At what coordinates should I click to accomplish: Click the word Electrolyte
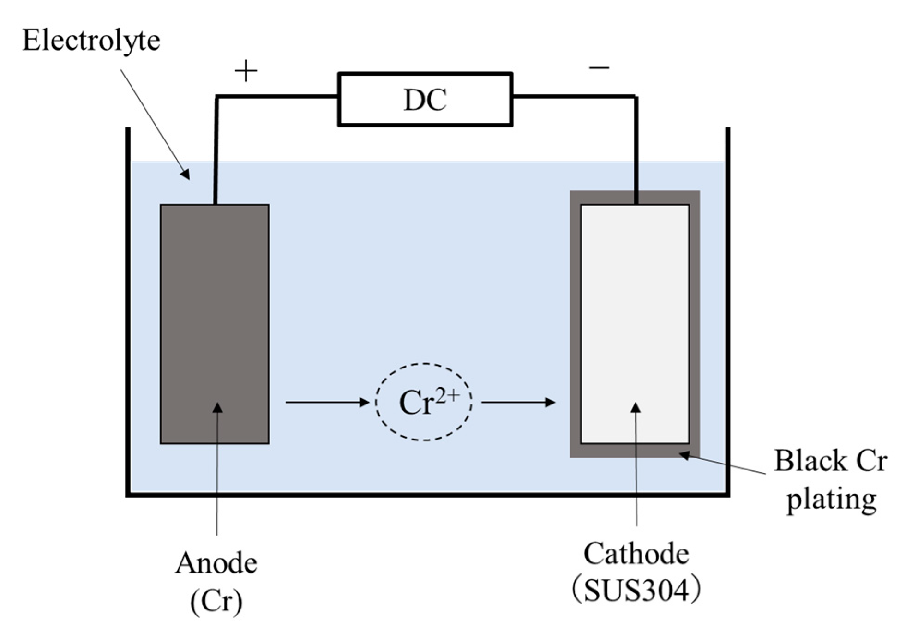pyautogui.click(x=91, y=41)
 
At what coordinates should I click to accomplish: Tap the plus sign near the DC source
pyautogui.click(x=246, y=71)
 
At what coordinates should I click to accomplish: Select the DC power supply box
pyautogui.click(x=425, y=99)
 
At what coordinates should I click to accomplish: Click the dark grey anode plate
pyautogui.click(x=215, y=300)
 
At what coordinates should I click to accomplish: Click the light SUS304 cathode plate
pyautogui.click(x=635, y=300)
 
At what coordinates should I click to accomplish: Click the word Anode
pyautogui.click(x=216, y=563)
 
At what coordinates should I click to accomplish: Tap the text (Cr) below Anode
pyautogui.click(x=216, y=602)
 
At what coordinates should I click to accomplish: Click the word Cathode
pyautogui.click(x=636, y=554)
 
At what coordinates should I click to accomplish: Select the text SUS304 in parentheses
pyautogui.click(x=636, y=591)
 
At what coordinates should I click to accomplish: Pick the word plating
pyautogui.click(x=831, y=500)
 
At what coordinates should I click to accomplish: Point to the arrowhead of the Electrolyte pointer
pyautogui.click(x=186, y=175)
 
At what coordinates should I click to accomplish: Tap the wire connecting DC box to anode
pyautogui.click(x=277, y=96)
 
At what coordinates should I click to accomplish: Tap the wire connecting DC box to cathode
pyautogui.click(x=572, y=96)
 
